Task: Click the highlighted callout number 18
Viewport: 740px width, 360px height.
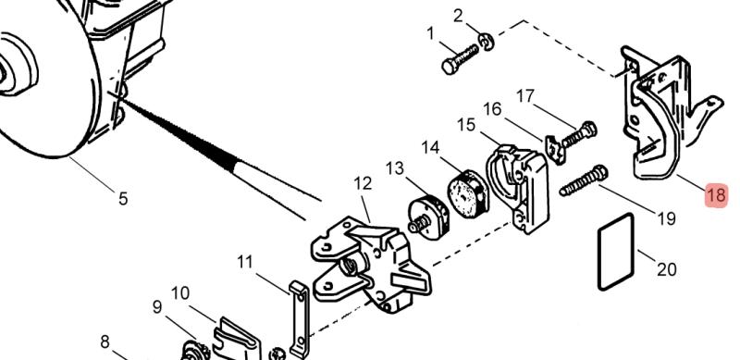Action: pyautogui.click(x=716, y=195)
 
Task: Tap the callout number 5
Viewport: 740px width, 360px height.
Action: pyautogui.click(x=123, y=198)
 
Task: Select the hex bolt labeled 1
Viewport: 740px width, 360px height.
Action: pyautogui.click(x=460, y=59)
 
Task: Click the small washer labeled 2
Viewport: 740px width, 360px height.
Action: pyautogui.click(x=487, y=42)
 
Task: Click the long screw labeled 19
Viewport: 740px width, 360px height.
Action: pyautogui.click(x=584, y=180)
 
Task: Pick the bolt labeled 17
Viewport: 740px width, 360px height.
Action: pyautogui.click(x=580, y=134)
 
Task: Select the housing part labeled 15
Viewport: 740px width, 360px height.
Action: pyautogui.click(x=518, y=188)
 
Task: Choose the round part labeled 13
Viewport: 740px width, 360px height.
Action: pyautogui.click(x=427, y=217)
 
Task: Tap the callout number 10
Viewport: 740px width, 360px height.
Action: pyautogui.click(x=180, y=293)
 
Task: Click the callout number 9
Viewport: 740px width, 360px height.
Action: pyautogui.click(x=157, y=307)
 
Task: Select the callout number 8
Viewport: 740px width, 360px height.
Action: pyautogui.click(x=105, y=341)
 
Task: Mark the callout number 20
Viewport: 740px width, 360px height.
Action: pyautogui.click(x=667, y=269)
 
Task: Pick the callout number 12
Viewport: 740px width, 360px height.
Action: pyautogui.click(x=363, y=183)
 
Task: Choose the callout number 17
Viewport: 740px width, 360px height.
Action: pyautogui.click(x=524, y=96)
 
